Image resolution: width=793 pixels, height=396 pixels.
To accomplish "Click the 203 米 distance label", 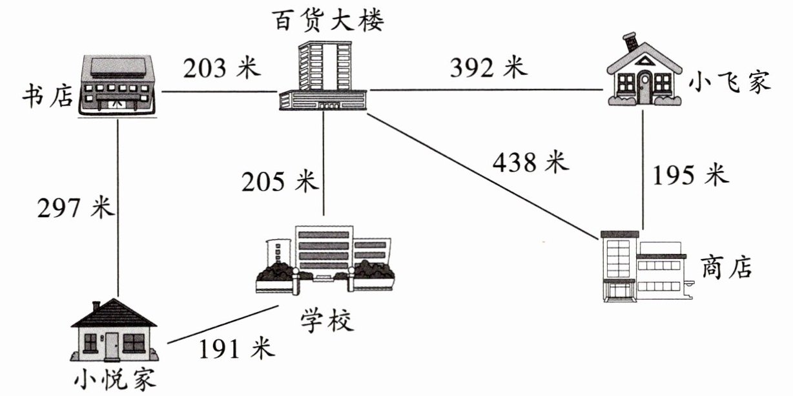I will [220, 68].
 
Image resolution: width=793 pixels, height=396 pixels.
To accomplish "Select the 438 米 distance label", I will [531, 162].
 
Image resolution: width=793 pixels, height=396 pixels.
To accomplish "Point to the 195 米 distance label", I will [690, 175].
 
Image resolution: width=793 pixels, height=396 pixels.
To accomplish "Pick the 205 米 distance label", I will [280, 182].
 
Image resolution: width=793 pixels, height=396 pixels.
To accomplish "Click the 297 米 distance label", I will [76, 208].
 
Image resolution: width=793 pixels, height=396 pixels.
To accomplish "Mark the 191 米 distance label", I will [236, 349].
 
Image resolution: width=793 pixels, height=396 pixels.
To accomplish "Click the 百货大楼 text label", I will [327, 21].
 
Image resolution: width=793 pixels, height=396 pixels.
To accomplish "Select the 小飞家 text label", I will [730, 83].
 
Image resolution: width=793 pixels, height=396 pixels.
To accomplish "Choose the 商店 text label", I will [726, 266].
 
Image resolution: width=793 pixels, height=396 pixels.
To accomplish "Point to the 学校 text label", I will [327, 320].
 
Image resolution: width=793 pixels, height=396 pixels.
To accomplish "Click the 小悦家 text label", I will [114, 379].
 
